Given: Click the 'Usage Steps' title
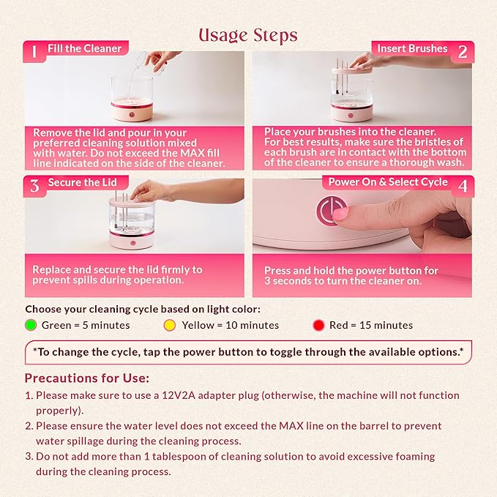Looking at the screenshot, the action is point(248,35).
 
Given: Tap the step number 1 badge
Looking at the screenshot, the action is point(34,51).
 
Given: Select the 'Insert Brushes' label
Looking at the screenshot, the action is point(412,48).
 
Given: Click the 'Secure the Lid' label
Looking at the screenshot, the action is point(83,182).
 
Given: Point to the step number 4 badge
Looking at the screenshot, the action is point(463,186).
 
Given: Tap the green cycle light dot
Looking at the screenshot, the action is point(31,325).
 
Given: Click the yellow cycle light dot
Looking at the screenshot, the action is point(170,325).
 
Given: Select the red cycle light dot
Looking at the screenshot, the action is point(318,325).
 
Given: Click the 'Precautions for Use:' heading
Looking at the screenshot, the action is point(87,378).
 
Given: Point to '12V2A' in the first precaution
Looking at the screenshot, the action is point(179,395).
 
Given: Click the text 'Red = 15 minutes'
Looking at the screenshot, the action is point(371,325).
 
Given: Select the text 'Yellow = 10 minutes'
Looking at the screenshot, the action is point(230,325).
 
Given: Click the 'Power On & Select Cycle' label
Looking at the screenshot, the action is point(388,182).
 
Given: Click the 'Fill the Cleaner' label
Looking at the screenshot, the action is point(85,48).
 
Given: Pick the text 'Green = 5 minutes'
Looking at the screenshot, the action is point(86,325).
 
